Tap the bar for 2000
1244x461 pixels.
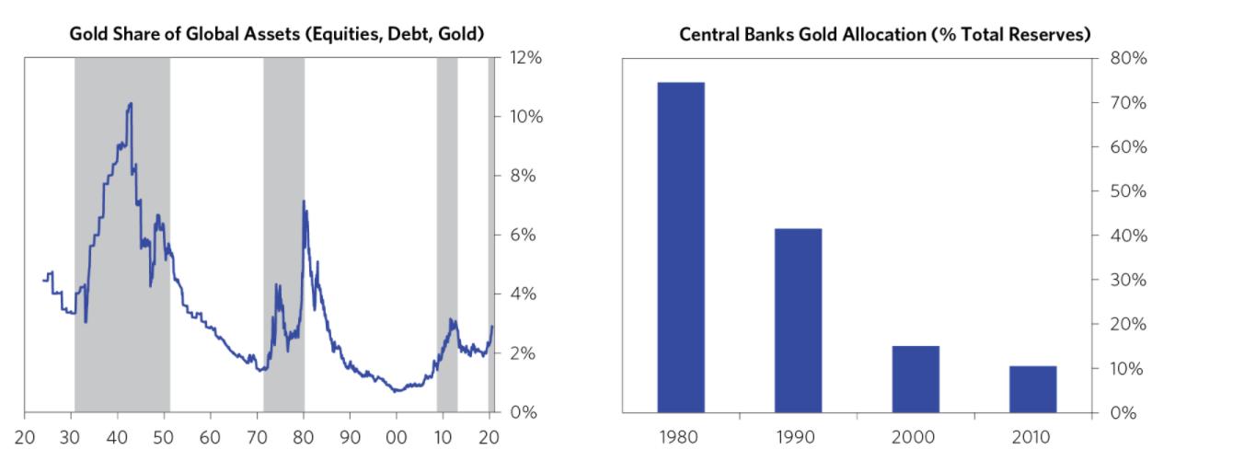coord(916,378)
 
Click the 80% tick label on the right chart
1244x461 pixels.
coord(1127,58)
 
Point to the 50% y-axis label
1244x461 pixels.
coord(1127,191)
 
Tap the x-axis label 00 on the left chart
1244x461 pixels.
coord(397,437)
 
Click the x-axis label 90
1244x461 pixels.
coord(350,437)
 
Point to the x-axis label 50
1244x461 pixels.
coord(164,437)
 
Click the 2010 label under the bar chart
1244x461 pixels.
coord(1032,437)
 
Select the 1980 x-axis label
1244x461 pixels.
coord(681,437)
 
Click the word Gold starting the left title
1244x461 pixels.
coord(88,34)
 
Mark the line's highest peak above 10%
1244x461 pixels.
coord(131,103)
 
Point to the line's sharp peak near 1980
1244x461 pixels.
coord(304,202)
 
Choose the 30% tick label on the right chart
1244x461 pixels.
coord(1127,280)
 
